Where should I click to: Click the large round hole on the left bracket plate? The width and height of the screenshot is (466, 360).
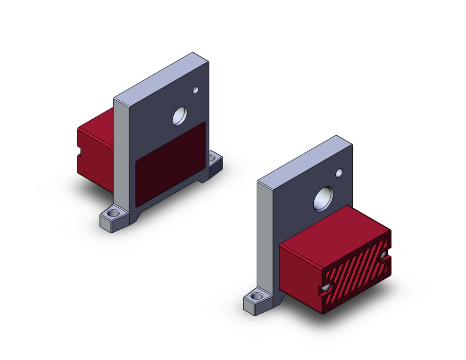180,116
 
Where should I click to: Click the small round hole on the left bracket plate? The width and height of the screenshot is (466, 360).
195,91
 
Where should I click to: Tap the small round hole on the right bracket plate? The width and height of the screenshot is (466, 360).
339,173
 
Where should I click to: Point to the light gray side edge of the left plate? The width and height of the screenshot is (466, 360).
120,154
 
